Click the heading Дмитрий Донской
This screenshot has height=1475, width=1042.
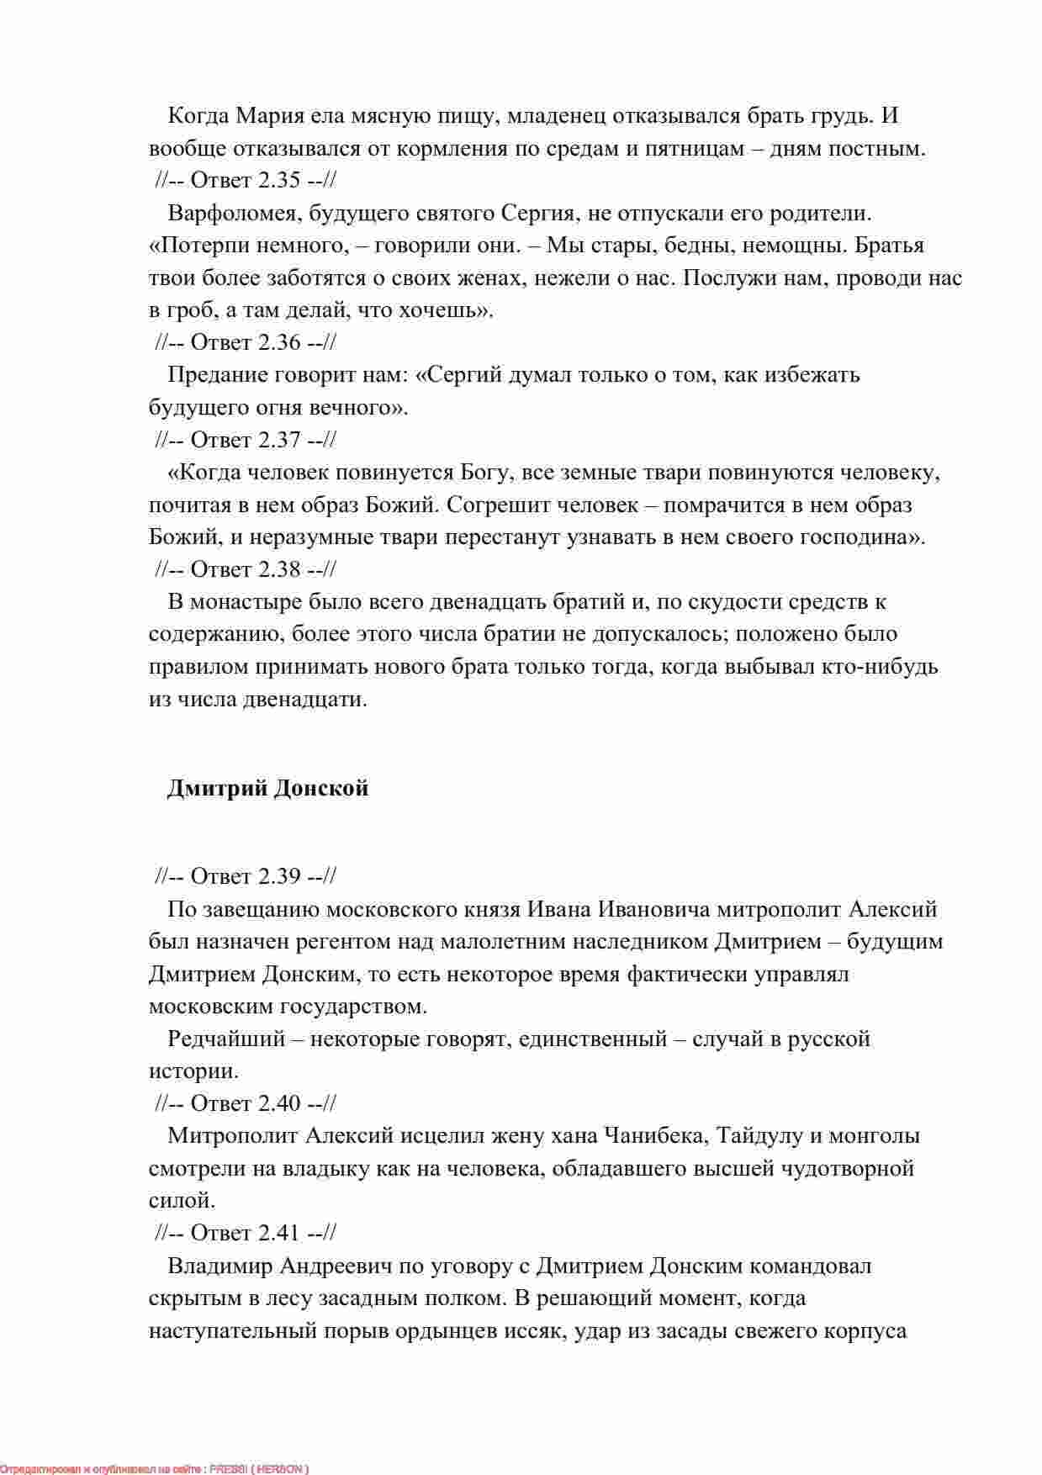click(x=267, y=789)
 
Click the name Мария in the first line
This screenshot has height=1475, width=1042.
click(x=266, y=116)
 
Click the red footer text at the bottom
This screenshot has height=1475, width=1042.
click(x=155, y=1468)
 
